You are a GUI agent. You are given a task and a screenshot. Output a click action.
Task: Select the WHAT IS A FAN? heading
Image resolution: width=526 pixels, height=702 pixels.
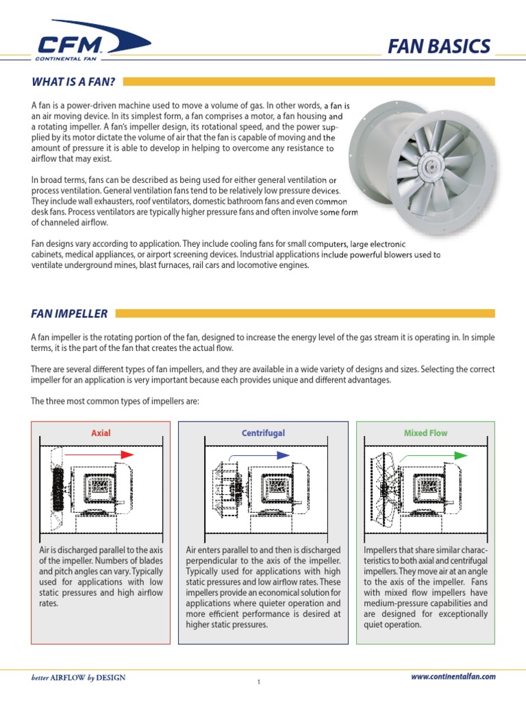(x=73, y=82)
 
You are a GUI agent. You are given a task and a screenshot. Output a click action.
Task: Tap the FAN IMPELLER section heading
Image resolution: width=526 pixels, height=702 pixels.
(x=69, y=314)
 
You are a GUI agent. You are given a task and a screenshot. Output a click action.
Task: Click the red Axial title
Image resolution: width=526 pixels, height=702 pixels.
(x=101, y=433)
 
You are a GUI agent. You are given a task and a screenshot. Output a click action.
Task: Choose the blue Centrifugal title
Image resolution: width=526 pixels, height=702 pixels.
(x=263, y=433)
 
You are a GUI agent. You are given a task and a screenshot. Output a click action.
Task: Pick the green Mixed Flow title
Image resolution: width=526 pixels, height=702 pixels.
(x=425, y=433)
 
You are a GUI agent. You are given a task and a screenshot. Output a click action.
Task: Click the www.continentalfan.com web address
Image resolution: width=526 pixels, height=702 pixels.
(x=453, y=677)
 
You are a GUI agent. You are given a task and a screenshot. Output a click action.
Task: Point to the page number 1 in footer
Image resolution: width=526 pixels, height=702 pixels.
(x=260, y=681)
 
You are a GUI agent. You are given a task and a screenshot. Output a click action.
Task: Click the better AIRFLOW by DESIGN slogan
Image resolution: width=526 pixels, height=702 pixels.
(x=79, y=678)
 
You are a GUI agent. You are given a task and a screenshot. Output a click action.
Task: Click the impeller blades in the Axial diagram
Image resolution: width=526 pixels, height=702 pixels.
(x=57, y=489)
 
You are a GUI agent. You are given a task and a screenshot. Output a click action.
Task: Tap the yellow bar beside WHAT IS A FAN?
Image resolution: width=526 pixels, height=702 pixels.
(x=308, y=82)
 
